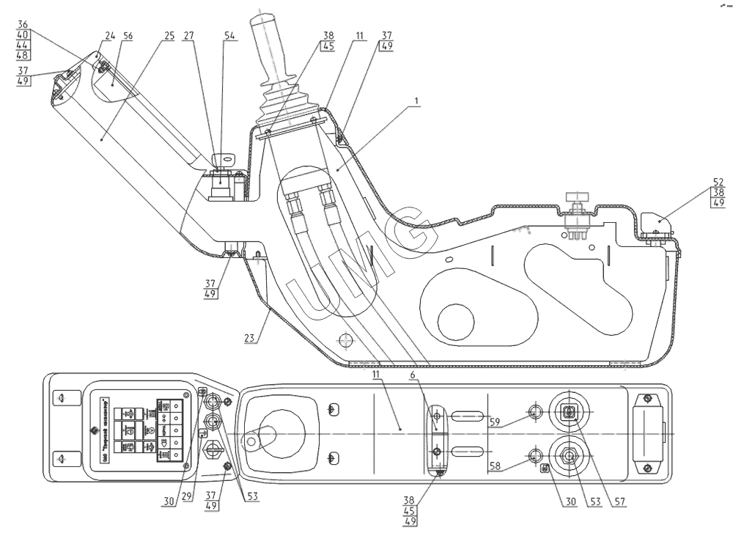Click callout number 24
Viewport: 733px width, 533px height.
pyautogui.click(x=110, y=35)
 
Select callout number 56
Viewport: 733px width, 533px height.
pyautogui.click(x=128, y=35)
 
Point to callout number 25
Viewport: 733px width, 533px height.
pyautogui.click(x=169, y=35)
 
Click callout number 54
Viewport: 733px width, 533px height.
pyautogui.click(x=230, y=35)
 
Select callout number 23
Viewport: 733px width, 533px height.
pyautogui.click(x=250, y=338)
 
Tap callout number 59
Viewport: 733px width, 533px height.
pyautogui.click(x=496, y=422)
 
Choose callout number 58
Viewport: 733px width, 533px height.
pyautogui.click(x=496, y=466)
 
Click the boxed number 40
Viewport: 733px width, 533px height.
pyautogui.click(x=22, y=34)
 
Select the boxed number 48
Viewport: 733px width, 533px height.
pyautogui.click(x=22, y=56)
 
